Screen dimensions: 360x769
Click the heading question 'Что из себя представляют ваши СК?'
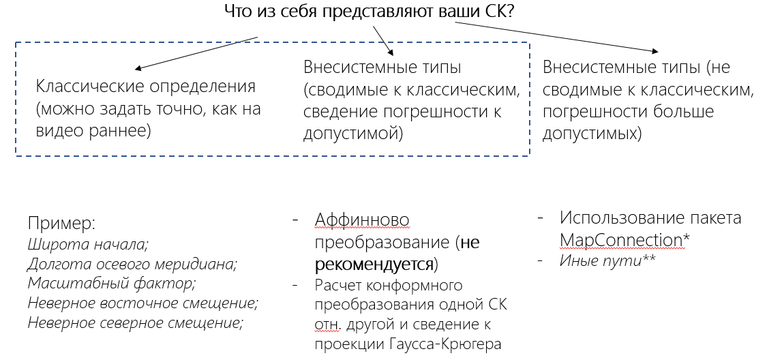(x=369, y=12)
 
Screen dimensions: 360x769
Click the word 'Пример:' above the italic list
(x=62, y=223)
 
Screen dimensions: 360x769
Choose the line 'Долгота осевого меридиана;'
(x=132, y=263)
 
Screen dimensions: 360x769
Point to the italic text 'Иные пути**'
(x=607, y=260)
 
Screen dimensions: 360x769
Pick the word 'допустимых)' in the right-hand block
(x=592, y=134)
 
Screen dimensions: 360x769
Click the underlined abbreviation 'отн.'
(x=327, y=324)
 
